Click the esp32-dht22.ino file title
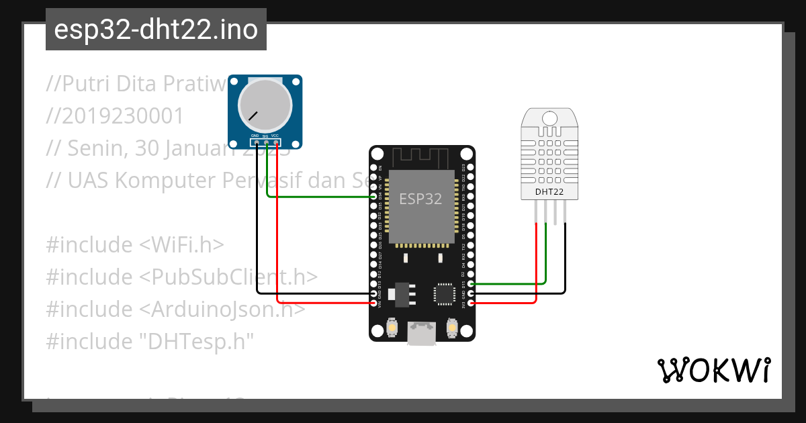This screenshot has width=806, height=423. (156, 30)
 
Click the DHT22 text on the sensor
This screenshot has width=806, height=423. (549, 192)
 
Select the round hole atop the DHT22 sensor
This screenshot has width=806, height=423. (549, 119)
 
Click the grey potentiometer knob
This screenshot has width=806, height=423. (266, 104)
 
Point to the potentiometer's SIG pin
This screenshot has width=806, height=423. (266, 142)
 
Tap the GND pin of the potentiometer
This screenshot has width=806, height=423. (256, 142)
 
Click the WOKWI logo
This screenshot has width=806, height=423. (713, 370)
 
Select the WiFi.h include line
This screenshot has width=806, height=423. (135, 244)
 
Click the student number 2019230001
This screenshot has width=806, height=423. (115, 116)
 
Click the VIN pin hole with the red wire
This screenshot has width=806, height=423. (374, 303)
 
